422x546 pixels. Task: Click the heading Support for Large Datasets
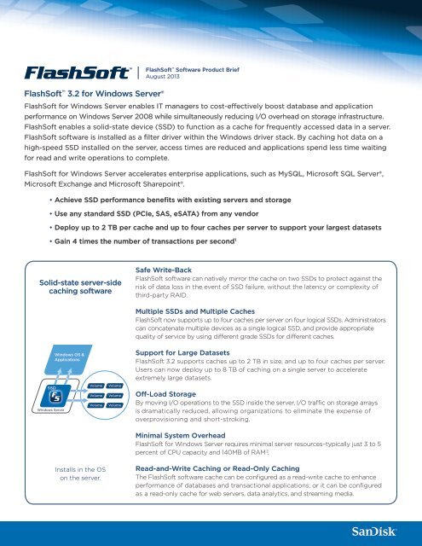click(x=194, y=351)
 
